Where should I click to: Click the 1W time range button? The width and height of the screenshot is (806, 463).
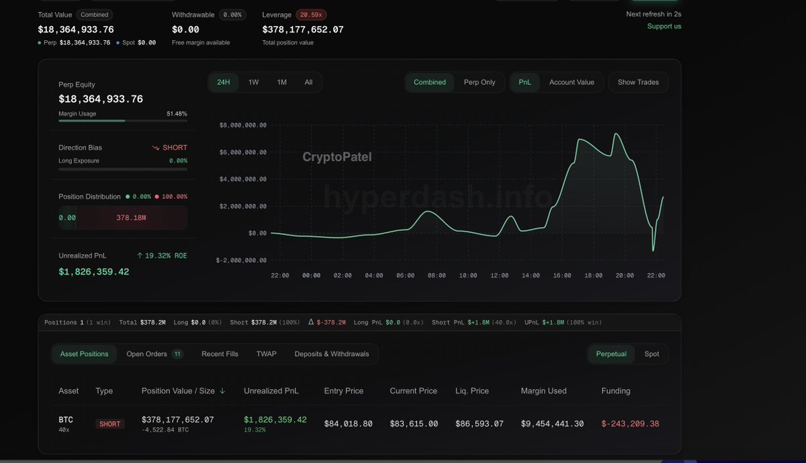pyautogui.click(x=253, y=82)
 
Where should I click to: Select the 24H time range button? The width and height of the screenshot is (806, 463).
pyautogui.click(x=224, y=82)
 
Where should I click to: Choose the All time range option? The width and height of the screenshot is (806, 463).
pyautogui.click(x=308, y=82)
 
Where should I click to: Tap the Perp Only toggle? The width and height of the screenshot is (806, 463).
pyautogui.click(x=480, y=82)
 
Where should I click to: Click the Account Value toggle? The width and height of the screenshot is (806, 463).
pyautogui.click(x=572, y=82)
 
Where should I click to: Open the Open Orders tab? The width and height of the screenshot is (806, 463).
pyautogui.click(x=154, y=354)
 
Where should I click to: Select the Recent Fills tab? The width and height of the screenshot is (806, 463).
pyautogui.click(x=220, y=354)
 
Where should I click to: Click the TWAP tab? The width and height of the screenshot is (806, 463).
pyautogui.click(x=266, y=354)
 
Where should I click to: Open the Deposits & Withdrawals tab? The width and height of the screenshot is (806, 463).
pyautogui.click(x=332, y=354)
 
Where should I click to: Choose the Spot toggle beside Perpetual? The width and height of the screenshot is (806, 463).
pyautogui.click(x=652, y=354)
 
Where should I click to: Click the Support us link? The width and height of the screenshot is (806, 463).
pyautogui.click(x=664, y=26)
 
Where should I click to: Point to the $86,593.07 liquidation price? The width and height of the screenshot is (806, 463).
pyautogui.click(x=479, y=424)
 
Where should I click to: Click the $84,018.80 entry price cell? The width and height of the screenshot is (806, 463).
pyautogui.click(x=348, y=424)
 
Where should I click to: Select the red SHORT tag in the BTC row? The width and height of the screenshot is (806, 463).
pyautogui.click(x=110, y=424)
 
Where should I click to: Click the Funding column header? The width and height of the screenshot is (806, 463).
pyautogui.click(x=616, y=391)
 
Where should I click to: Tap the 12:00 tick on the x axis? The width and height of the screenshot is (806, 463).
pyautogui.click(x=500, y=276)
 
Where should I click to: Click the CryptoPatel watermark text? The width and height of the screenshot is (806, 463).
pyautogui.click(x=337, y=157)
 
